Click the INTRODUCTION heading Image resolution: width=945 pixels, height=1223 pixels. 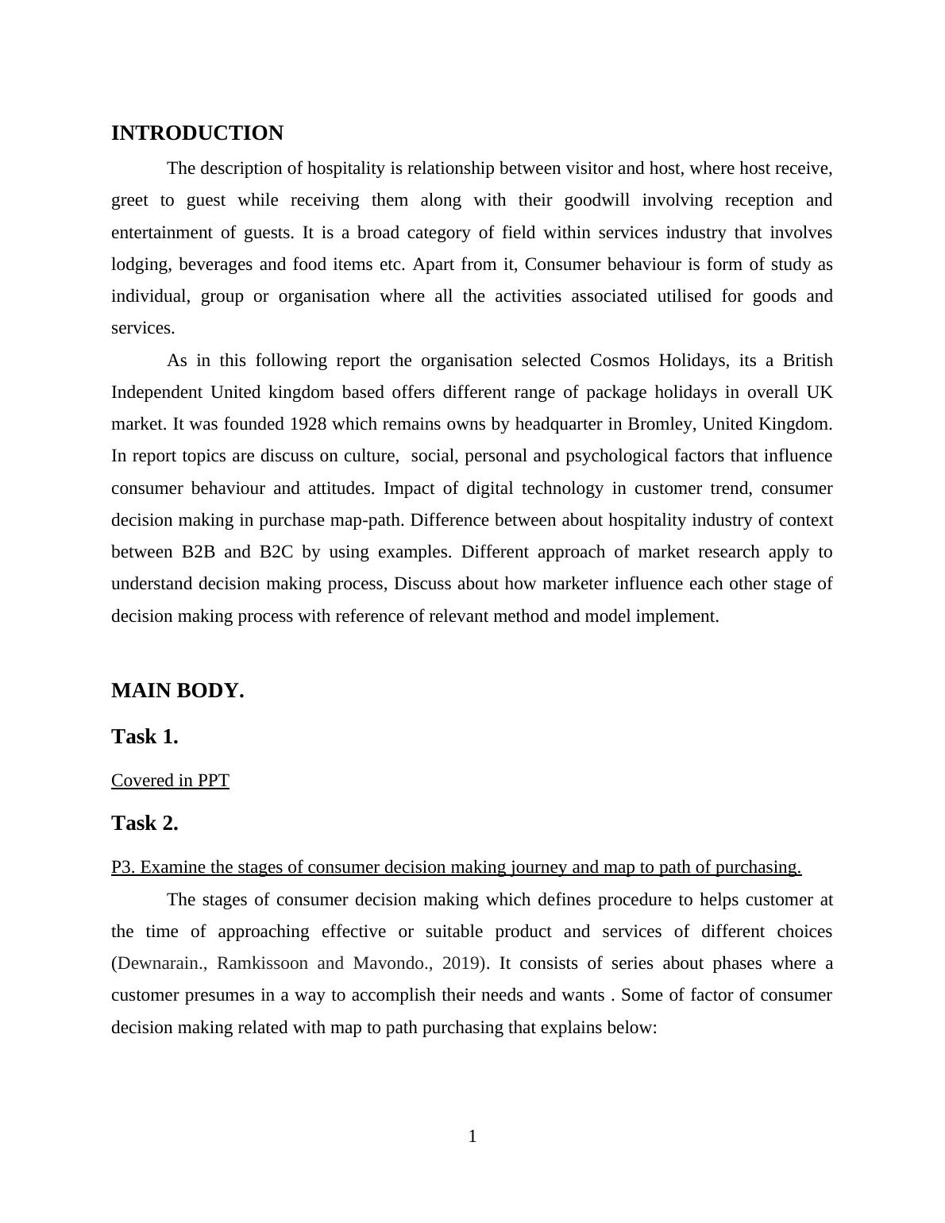[197, 133]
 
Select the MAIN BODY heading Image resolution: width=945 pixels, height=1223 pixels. [177, 691]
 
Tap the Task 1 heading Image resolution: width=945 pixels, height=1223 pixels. [145, 737]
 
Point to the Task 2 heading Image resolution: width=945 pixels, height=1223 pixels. [145, 824]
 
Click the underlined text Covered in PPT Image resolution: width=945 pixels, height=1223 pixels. [170, 781]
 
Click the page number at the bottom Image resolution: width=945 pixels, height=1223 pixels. [472, 1136]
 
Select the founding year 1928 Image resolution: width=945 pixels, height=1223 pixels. [308, 424]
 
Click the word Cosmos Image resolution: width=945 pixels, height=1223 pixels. [619, 361]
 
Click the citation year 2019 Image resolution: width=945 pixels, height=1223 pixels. [461, 963]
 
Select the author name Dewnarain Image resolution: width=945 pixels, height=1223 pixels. [160, 963]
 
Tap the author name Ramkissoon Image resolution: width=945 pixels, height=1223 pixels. [262, 963]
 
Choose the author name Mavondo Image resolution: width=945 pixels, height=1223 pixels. [388, 963]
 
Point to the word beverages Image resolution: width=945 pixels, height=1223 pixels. [215, 264]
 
